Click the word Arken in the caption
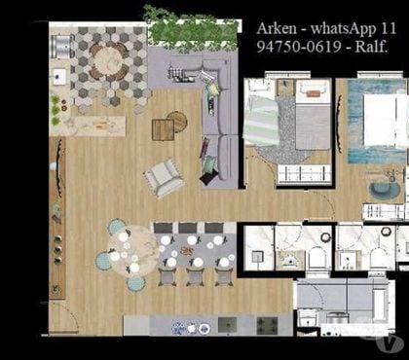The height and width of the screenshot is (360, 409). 277,29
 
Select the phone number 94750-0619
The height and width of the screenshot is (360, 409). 299,47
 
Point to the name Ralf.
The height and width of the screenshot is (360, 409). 371,47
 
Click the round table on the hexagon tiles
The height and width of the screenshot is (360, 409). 108,62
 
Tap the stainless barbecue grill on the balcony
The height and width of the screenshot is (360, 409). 61,47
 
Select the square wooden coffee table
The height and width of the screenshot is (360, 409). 164,129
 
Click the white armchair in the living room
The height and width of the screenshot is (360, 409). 164,178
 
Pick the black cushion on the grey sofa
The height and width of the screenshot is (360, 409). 209,177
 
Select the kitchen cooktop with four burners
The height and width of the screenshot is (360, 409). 268,325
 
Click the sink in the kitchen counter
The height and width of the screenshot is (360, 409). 227,325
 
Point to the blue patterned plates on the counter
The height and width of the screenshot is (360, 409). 191,328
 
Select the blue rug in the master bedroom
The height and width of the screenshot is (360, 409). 377,122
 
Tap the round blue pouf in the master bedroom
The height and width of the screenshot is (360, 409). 381,192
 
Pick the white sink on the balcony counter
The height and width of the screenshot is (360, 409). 58,78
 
